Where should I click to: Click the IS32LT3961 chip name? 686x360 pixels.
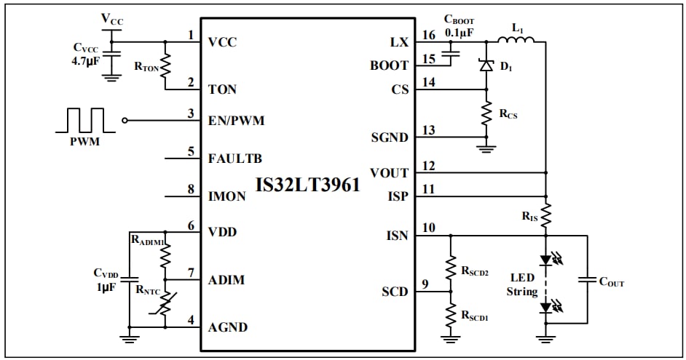pos(307,185)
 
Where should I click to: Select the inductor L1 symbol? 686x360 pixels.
pos(517,40)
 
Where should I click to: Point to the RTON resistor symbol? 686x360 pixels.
pos(166,66)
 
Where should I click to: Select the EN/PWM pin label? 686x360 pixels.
pos(236,121)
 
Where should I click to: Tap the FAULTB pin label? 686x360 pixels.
pos(234,158)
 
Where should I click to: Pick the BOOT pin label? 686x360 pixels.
pos(389,65)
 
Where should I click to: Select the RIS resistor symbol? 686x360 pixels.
pos(545,215)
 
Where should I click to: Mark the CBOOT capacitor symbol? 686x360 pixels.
pos(452,53)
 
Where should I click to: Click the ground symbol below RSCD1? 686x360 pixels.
pos(451,337)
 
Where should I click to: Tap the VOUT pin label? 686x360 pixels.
pos(389,173)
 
